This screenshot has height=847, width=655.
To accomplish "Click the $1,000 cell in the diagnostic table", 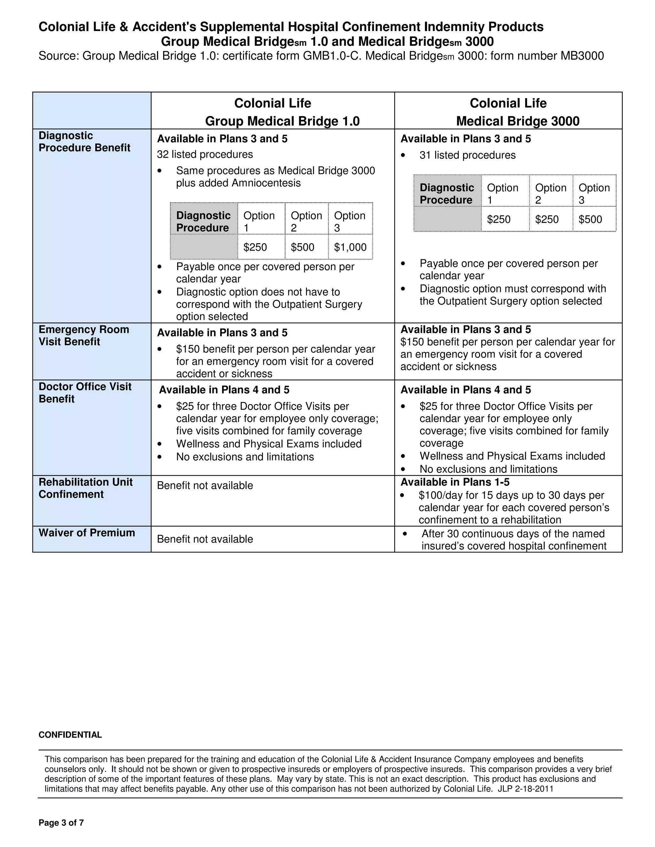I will point(350,247).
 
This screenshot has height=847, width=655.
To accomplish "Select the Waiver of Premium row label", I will point(87,532).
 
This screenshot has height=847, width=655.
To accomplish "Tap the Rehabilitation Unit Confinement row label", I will point(85,488).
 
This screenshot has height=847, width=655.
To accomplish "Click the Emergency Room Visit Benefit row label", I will point(83,336).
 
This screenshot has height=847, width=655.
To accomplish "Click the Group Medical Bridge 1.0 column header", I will point(282,121).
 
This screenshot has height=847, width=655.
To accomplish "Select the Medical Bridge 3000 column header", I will point(518,121).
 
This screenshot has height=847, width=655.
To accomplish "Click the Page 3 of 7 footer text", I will point(61,823).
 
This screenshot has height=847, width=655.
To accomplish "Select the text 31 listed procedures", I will point(467,155).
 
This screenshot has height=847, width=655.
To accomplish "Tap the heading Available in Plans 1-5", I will point(455,482).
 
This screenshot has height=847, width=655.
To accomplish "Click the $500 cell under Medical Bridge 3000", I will point(590,220).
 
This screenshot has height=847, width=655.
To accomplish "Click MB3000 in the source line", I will point(582,56).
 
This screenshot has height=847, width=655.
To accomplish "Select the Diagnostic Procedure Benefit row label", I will point(84,142).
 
